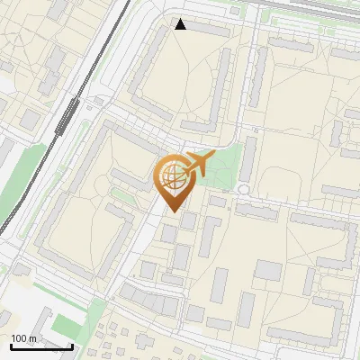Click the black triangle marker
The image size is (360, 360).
click(181, 24)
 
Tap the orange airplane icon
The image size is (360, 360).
click(197, 164)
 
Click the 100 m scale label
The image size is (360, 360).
click(23, 338)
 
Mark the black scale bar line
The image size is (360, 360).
click(41, 346)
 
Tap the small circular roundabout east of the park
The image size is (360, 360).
click(243, 189)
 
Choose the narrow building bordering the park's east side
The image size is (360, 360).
click(250, 157)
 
